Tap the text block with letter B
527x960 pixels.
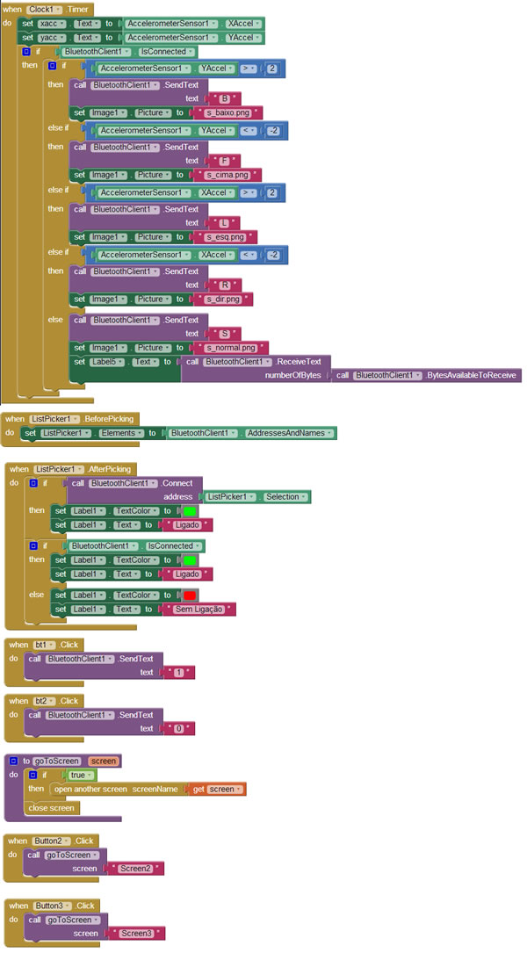pos(223,98)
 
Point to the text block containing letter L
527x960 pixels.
pos(222,223)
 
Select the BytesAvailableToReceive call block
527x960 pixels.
pos(426,375)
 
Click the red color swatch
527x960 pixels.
pos(190,595)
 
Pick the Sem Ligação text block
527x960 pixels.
pos(199,610)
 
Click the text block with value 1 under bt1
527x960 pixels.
pos(178,672)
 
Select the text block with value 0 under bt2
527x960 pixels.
pos(178,729)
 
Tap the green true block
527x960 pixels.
pos(80,775)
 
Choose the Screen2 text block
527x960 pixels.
pos(134,869)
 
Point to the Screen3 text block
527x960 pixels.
pos(135,934)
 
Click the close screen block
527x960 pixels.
pos(52,808)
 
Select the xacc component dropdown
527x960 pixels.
pos(52,23)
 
